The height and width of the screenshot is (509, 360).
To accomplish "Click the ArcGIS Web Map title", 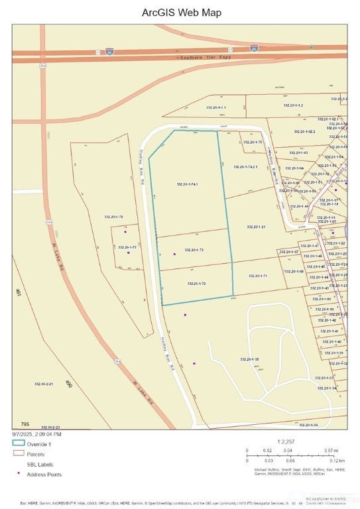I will [x=182, y=13].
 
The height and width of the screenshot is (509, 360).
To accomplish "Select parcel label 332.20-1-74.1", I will [x=188, y=184].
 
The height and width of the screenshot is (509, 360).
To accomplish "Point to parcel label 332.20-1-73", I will [x=192, y=250].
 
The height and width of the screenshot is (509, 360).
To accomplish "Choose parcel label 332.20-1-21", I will [x=255, y=227].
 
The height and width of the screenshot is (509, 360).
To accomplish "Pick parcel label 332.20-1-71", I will [x=257, y=276].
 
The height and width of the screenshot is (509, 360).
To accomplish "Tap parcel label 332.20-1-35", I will [x=249, y=359].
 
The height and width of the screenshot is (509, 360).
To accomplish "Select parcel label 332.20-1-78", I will [x=113, y=217].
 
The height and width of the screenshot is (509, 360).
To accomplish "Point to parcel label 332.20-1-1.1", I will [x=216, y=107].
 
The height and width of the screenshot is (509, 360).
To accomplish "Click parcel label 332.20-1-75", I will [x=253, y=142].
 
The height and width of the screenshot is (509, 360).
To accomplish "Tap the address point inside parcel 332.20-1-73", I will [x=174, y=254].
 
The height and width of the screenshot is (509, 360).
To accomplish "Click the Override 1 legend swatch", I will [x=18, y=443].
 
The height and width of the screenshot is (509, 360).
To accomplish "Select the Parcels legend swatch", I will [x=18, y=454].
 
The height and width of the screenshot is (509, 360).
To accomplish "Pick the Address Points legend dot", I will [x=18, y=475].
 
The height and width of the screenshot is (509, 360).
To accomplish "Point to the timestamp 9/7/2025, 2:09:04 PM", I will [x=36, y=434].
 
